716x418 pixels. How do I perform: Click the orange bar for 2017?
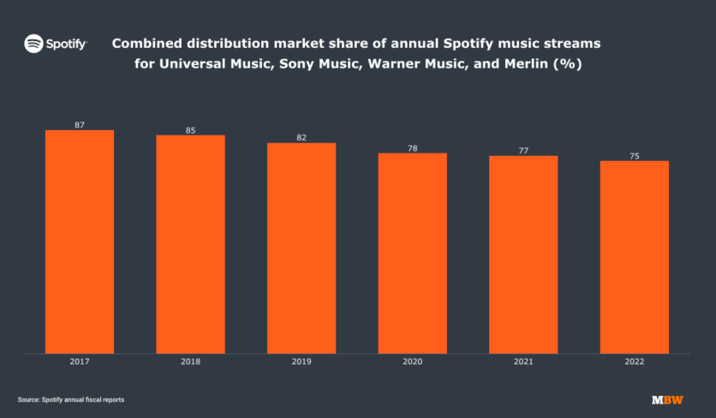pyautogui.click(x=79, y=241)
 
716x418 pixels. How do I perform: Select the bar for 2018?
pyautogui.click(x=190, y=243)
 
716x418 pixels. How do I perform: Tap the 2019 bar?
pyautogui.click(x=301, y=248)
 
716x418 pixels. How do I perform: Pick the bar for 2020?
pyautogui.click(x=413, y=253)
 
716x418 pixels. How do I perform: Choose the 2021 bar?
pyautogui.click(x=523, y=254)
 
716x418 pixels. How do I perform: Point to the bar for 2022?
pyautogui.click(x=635, y=256)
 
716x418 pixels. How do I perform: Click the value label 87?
pyautogui.click(x=79, y=125)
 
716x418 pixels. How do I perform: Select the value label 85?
pyautogui.click(x=190, y=130)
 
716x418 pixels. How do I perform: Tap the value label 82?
pyautogui.click(x=301, y=137)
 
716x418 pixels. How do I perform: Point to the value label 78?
pyautogui.click(x=413, y=148)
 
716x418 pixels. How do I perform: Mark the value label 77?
pyautogui.click(x=523, y=151)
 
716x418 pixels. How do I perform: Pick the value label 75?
pyautogui.click(x=635, y=156)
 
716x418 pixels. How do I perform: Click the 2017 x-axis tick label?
pyautogui.click(x=79, y=362)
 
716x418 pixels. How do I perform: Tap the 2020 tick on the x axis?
pyautogui.click(x=413, y=362)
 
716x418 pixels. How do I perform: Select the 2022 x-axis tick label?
pyautogui.click(x=635, y=362)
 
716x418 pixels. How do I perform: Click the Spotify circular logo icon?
pyautogui.click(x=33, y=43)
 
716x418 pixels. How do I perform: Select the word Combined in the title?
pyautogui.click(x=146, y=43)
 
